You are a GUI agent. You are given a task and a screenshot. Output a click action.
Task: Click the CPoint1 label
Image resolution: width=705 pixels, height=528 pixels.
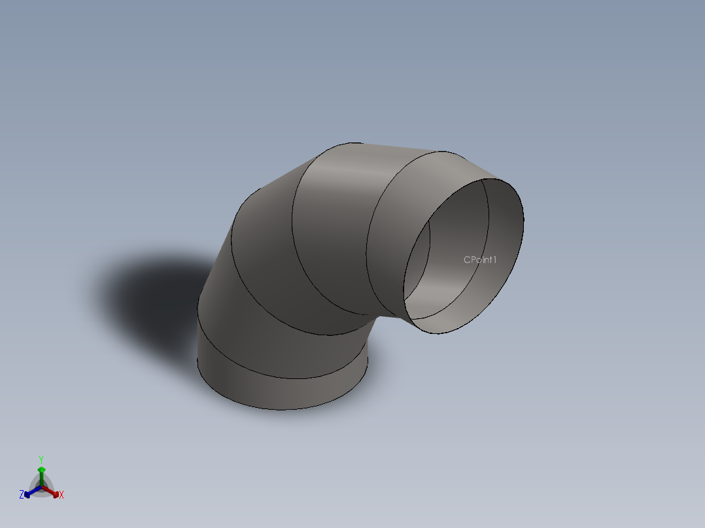(480, 259)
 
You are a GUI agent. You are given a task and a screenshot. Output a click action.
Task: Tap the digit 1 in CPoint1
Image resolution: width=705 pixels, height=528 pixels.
(495, 259)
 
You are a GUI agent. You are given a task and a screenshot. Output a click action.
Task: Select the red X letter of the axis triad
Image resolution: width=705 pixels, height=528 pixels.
(61, 495)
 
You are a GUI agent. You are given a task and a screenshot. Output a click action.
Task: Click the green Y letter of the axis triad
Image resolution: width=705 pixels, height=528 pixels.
(41, 459)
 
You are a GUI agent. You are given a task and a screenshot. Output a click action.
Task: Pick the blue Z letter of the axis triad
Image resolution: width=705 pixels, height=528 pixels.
(22, 495)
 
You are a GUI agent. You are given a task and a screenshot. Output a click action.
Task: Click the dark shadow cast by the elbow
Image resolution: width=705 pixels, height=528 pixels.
(144, 294)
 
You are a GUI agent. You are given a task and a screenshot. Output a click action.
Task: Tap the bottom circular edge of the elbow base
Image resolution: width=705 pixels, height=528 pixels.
(281, 410)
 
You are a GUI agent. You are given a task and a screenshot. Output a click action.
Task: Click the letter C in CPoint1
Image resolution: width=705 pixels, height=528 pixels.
(467, 259)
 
